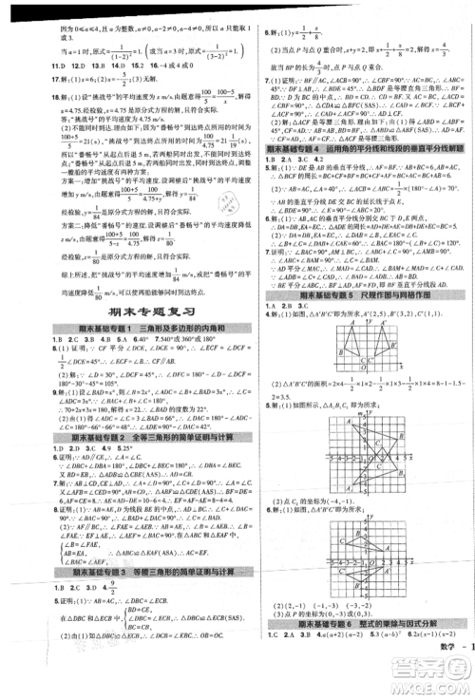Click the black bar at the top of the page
tap(237, 5)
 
